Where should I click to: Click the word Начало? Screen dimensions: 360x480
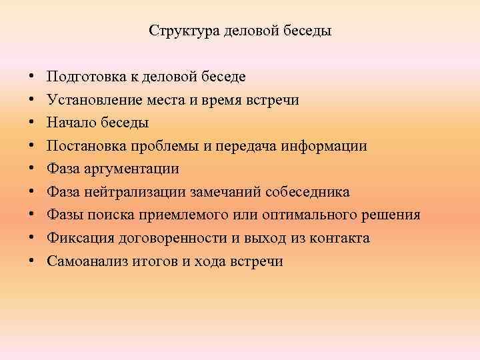click(69, 123)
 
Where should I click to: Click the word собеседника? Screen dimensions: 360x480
click(307, 192)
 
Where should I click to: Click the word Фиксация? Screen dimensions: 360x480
click(76, 238)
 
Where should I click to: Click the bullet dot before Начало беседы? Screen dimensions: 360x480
click(33, 123)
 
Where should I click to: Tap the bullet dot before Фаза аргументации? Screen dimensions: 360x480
click(33, 169)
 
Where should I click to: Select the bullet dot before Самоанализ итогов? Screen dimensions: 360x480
click(33, 261)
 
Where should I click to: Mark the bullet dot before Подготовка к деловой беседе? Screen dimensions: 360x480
click(33, 77)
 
